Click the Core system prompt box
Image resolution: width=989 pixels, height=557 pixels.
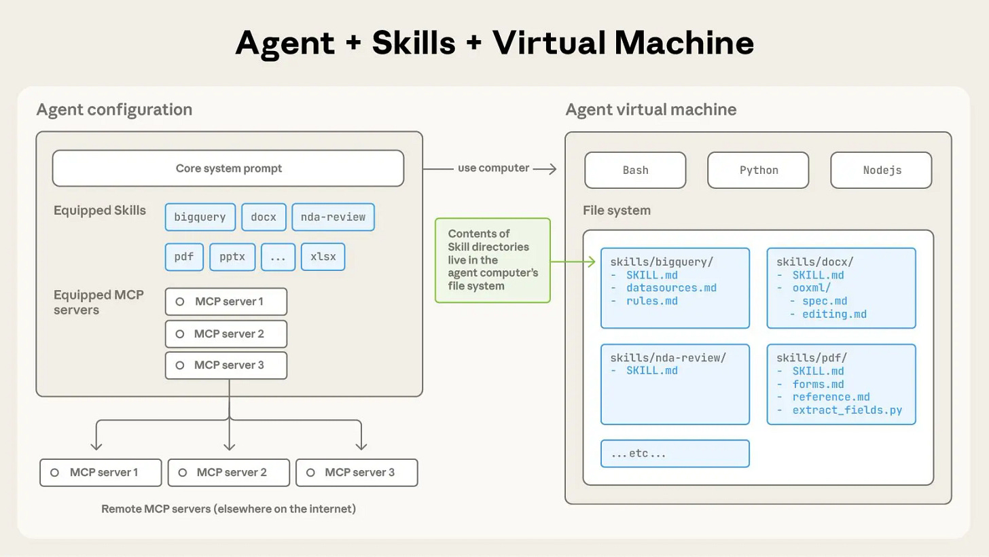coord(228,168)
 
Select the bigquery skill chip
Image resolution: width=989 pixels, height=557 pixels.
coord(200,217)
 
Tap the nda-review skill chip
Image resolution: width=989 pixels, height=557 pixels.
coord(333,217)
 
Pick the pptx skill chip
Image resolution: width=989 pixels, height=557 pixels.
coord(232,257)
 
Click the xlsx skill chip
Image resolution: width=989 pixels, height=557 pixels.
coord(323,257)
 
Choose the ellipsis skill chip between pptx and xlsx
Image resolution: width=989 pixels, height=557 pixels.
coord(278,257)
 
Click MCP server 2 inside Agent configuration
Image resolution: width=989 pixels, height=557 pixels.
coord(226,334)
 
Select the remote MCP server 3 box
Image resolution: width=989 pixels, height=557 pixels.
coord(357,472)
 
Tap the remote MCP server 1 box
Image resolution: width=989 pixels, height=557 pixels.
coord(101,472)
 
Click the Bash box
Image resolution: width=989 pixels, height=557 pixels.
coord(635,170)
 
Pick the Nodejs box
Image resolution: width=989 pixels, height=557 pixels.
coord(881,170)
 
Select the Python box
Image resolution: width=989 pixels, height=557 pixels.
coord(758,170)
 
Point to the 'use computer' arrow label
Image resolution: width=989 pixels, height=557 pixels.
coord(493,168)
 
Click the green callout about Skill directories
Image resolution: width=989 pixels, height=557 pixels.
coord(492,259)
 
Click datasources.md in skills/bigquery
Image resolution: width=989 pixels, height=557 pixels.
coord(671,288)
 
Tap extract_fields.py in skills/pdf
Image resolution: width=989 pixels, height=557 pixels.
coord(847,410)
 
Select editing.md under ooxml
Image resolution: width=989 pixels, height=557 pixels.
coord(834,314)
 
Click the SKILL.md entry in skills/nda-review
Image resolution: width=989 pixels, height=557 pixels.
coord(651,371)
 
